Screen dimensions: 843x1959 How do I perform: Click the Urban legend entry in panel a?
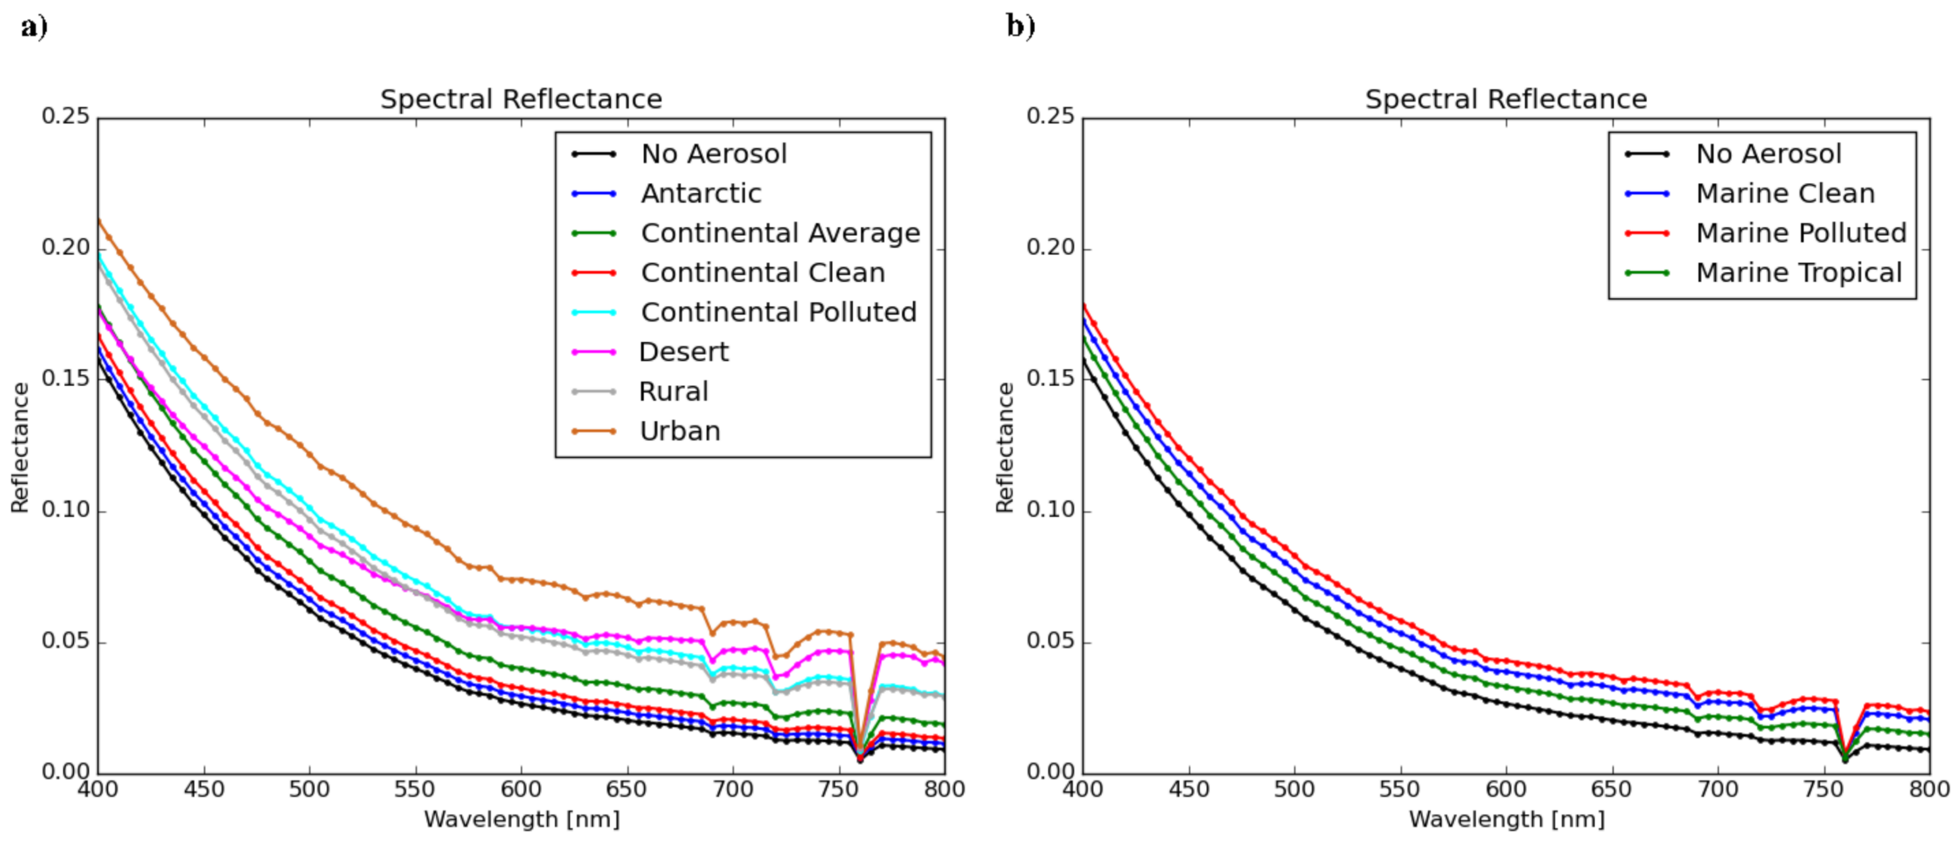pyautogui.click(x=679, y=431)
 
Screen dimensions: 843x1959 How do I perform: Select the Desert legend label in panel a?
pyautogui.click(x=683, y=352)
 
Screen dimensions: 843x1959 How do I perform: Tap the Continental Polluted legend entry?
pyautogui.click(x=778, y=312)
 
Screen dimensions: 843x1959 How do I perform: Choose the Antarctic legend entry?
pyautogui.click(x=701, y=194)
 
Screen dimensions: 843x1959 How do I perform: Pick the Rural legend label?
pyautogui.click(x=673, y=391)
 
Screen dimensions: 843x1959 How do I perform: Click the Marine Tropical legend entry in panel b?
pyautogui.click(x=1798, y=273)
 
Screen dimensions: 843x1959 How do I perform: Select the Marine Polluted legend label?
pyautogui.click(x=1800, y=233)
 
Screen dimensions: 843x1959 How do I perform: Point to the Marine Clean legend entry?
pyautogui.click(x=1785, y=194)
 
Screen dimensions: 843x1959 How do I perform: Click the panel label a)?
pyautogui.click(x=34, y=27)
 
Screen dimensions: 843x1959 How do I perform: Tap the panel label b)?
pyautogui.click(x=1020, y=27)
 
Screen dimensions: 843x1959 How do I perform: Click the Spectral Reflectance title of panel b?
pyautogui.click(x=1505, y=99)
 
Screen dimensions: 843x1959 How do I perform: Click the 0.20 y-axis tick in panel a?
pyautogui.click(x=65, y=248)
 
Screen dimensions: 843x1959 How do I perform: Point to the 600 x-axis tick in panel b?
pyautogui.click(x=1506, y=789)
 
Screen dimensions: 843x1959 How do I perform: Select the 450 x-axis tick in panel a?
pyautogui.click(x=204, y=789)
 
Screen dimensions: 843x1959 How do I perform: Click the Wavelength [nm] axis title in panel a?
pyautogui.click(x=522, y=820)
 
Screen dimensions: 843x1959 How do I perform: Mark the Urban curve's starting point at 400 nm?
pyautogui.click(x=99, y=221)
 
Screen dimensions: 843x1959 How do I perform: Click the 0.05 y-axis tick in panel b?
pyautogui.click(x=1050, y=641)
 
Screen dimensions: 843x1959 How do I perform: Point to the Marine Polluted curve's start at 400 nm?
pyautogui.click(x=1083, y=305)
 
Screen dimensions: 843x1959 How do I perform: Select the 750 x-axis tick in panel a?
pyautogui.click(x=838, y=789)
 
